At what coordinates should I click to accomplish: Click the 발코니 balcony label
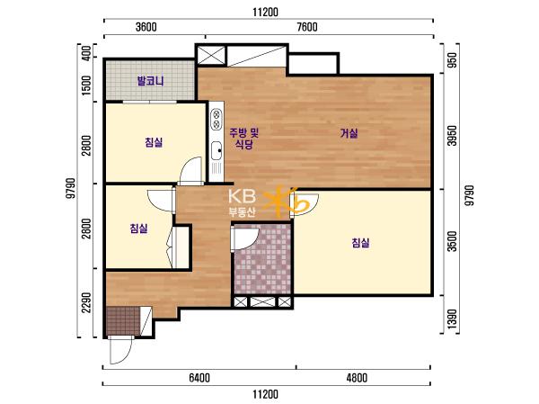(x=150, y=81)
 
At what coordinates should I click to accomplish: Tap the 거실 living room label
(x=349, y=133)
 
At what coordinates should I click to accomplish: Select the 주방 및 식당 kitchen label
(x=244, y=138)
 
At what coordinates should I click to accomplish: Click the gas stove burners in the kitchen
(x=216, y=119)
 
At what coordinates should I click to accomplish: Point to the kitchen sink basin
(x=216, y=150)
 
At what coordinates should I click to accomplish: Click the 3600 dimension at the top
(x=146, y=27)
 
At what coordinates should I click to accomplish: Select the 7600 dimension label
(x=307, y=27)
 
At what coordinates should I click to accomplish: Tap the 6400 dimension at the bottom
(x=199, y=378)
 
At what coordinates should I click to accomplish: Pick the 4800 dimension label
(x=357, y=378)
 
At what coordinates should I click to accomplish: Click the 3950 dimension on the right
(x=454, y=135)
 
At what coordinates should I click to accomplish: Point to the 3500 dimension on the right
(x=454, y=241)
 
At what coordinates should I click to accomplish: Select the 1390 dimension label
(x=454, y=319)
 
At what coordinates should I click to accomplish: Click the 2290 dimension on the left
(x=86, y=302)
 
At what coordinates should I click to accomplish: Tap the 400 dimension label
(x=86, y=53)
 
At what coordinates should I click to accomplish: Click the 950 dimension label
(x=454, y=60)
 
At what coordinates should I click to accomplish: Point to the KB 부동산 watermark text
(x=243, y=203)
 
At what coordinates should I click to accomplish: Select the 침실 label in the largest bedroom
(x=360, y=243)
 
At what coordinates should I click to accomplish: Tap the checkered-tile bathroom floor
(x=263, y=259)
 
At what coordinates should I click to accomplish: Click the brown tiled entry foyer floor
(x=123, y=320)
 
